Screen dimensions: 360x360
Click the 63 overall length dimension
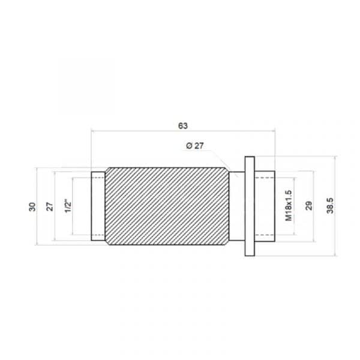pos(183,125)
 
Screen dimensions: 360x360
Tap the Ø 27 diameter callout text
pos(196,146)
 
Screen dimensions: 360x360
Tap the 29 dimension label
pos(308,206)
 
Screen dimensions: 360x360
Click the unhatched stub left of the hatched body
pos(98,206)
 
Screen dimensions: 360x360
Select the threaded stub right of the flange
pos(265,206)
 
